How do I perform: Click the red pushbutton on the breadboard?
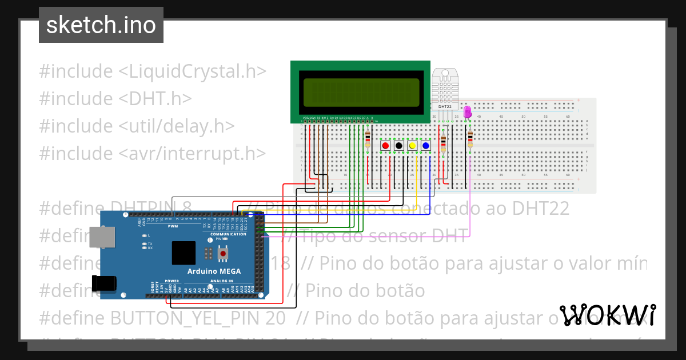point(385,146)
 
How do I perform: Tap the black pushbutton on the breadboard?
point(398,146)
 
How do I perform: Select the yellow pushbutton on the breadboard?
point(412,146)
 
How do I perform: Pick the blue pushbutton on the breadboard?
point(425,146)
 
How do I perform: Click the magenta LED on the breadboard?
point(467,111)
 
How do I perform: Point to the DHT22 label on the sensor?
point(445,106)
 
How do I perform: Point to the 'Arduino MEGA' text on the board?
point(214,271)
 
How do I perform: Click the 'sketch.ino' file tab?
point(101,25)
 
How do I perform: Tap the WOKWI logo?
point(607,315)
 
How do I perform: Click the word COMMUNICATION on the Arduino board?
point(228,234)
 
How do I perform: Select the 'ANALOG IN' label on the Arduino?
point(222,281)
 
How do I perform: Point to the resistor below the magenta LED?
point(470,139)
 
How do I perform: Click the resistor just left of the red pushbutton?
point(367,138)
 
